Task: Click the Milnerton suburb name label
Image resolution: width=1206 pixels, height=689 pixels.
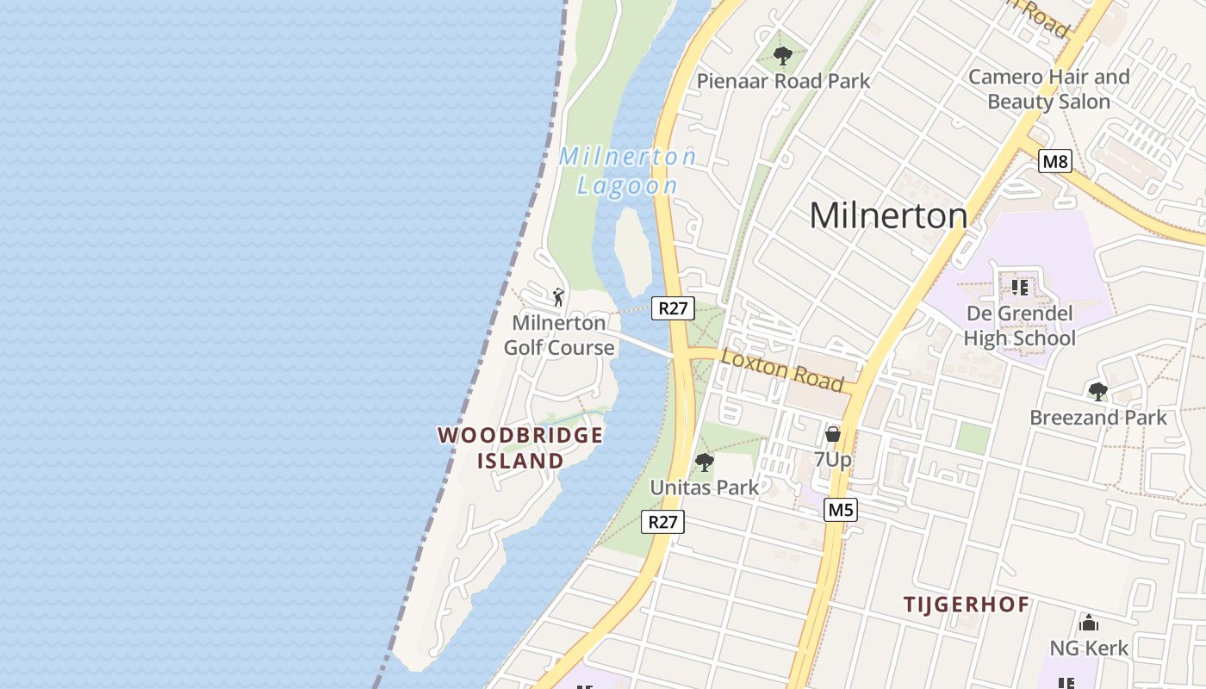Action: point(888,215)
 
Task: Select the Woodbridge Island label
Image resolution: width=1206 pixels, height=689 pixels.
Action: point(520,447)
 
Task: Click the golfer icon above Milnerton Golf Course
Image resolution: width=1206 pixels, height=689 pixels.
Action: point(558,297)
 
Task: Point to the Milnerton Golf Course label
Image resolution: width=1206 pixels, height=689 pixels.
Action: point(559,335)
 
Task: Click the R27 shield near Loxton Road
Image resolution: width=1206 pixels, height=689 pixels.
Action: point(673,308)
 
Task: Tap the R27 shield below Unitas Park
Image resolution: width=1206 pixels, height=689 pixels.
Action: point(663,521)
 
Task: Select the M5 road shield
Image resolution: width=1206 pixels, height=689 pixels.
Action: point(840,510)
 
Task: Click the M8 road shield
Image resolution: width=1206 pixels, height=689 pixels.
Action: point(1055,161)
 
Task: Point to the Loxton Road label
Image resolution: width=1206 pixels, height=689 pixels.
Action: point(782,369)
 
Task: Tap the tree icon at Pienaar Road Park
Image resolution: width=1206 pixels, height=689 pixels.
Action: point(782,57)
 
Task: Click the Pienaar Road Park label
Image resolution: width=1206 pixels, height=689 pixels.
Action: point(783,81)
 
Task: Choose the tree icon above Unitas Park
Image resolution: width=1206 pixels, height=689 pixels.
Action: point(705,462)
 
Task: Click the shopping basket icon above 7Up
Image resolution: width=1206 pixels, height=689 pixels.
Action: point(832,434)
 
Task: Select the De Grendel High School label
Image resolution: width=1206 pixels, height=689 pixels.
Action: point(1019,326)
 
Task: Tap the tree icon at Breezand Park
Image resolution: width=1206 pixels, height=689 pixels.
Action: point(1097,392)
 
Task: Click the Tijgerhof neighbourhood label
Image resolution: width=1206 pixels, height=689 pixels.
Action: point(966,605)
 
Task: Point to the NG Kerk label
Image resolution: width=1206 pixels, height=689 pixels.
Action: point(1089,648)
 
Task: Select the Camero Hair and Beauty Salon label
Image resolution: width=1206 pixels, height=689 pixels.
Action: point(1048,89)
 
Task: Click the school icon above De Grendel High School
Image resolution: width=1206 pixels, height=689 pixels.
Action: point(1020,287)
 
